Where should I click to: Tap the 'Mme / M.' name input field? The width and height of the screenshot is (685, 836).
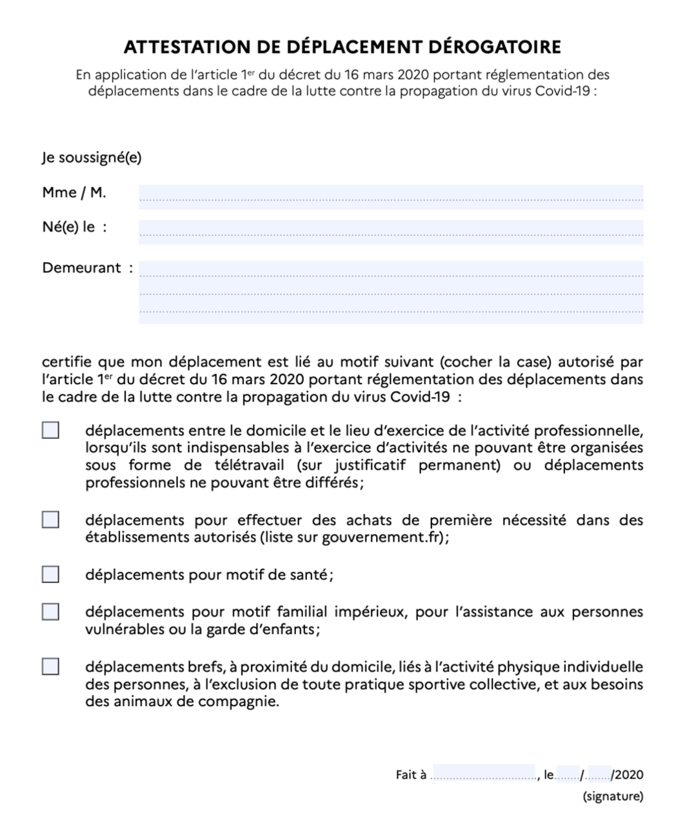(x=390, y=196)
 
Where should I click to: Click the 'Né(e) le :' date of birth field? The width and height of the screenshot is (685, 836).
(x=390, y=231)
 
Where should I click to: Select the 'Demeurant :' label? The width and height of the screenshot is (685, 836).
(x=82, y=268)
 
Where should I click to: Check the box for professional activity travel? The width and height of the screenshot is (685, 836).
(x=50, y=430)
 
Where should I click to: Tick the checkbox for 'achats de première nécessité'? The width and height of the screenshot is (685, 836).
(x=50, y=520)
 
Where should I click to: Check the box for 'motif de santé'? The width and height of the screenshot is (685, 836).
(x=50, y=574)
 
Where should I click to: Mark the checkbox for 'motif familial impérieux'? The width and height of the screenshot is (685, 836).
(x=50, y=611)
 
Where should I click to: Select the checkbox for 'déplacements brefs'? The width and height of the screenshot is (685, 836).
(x=50, y=666)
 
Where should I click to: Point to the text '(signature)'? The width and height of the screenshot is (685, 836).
(x=613, y=796)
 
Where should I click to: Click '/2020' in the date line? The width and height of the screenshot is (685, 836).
(x=628, y=775)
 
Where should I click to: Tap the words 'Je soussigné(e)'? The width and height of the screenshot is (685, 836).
(x=92, y=158)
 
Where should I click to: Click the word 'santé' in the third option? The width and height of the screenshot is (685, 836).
(x=308, y=575)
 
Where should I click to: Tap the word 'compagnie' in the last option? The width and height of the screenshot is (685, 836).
(x=244, y=702)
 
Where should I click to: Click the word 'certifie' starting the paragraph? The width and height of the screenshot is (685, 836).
(x=66, y=362)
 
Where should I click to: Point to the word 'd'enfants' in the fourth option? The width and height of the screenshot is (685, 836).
(x=287, y=629)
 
